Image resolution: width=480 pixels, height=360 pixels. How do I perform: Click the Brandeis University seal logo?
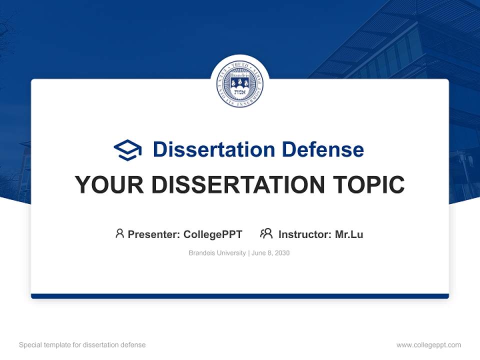tap(240, 84)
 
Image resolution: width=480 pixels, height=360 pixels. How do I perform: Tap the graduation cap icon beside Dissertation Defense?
tap(128, 150)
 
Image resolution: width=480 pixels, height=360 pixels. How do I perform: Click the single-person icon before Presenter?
tap(119, 233)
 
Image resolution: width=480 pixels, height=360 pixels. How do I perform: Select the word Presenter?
tap(153, 234)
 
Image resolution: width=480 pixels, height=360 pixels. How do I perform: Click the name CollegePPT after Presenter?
tap(213, 234)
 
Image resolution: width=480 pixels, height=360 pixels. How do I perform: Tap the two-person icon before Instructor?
tap(266, 233)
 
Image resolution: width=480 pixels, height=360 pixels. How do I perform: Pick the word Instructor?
tap(305, 234)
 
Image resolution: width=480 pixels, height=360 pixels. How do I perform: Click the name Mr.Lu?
tap(349, 234)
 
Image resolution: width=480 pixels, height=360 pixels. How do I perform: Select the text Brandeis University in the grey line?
tap(217, 253)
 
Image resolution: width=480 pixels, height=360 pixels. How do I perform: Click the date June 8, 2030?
tap(270, 253)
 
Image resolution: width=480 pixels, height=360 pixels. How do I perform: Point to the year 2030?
tap(282, 253)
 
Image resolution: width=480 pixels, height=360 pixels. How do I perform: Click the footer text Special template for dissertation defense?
tap(82, 345)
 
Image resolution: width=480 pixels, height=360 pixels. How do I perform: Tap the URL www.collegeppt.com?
tap(428, 345)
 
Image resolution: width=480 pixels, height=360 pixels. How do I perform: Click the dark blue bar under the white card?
tap(240, 296)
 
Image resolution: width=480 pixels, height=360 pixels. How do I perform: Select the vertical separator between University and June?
tap(248, 253)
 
